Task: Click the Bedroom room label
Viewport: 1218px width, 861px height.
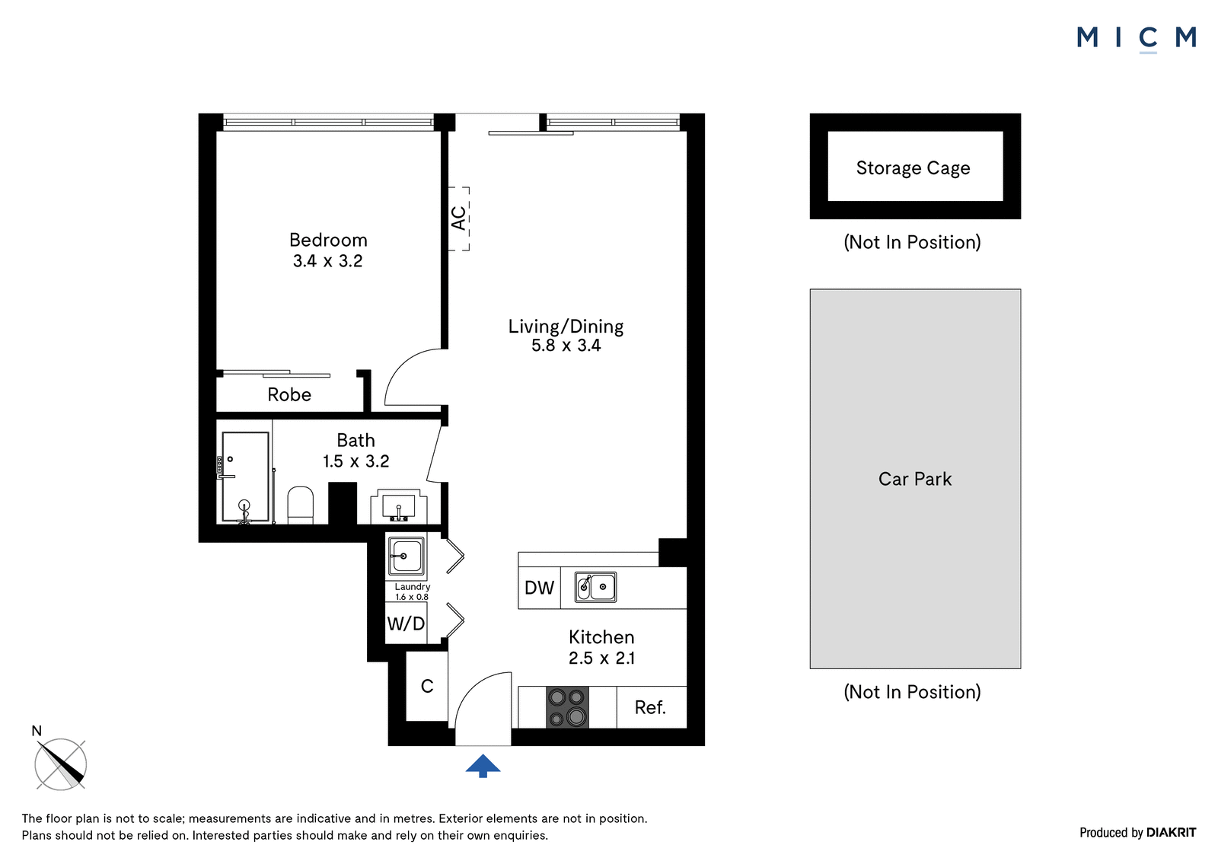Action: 328,240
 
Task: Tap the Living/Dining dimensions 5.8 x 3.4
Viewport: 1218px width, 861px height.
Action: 566,346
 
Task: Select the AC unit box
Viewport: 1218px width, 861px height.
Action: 459,218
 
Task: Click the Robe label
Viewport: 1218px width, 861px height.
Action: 289,394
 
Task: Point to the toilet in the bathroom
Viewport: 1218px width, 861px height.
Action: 300,505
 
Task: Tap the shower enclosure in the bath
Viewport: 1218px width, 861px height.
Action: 245,477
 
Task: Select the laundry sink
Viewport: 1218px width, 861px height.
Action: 406,556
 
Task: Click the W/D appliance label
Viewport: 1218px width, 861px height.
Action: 406,623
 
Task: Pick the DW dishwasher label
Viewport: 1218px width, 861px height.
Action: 539,588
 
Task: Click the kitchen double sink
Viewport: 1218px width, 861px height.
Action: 595,587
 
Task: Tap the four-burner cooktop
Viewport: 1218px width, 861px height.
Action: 567,707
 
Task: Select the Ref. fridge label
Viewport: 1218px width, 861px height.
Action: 650,707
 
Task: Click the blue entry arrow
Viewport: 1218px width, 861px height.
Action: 483,766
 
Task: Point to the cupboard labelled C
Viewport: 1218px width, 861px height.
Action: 427,687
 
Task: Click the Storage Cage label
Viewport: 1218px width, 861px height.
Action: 913,168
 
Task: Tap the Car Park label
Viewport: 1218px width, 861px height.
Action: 915,479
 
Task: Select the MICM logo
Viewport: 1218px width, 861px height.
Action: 1137,38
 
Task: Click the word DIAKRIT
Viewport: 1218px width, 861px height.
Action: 1171,833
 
